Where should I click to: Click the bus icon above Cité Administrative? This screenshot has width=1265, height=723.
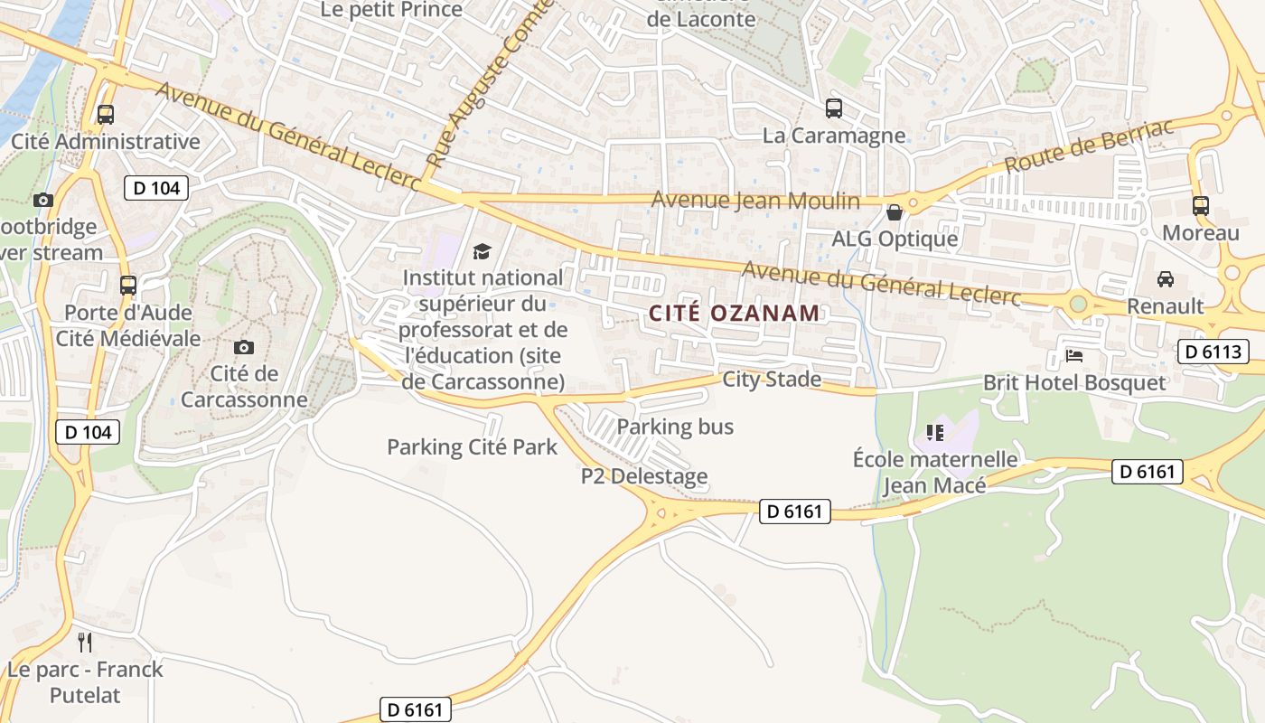coord(106,115)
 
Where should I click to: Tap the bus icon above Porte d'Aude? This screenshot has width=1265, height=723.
coord(128,286)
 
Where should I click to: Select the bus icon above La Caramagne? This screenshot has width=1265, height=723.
coord(834,108)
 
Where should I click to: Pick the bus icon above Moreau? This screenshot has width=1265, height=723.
coord(1201,205)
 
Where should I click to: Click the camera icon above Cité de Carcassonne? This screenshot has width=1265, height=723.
coord(243,347)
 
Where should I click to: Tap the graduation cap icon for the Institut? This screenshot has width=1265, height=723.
coord(483,251)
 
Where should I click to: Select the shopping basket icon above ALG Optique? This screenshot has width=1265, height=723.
coord(895,212)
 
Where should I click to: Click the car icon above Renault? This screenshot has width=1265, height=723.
coord(1166,279)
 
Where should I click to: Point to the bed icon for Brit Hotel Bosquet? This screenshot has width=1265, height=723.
coord(1074,355)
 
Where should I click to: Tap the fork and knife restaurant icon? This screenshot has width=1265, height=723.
coord(85,643)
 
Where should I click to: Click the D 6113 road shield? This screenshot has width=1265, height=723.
coord(1213,352)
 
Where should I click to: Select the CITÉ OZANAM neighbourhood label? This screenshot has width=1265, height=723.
coord(735,314)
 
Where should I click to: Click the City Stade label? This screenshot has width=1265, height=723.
coord(772,379)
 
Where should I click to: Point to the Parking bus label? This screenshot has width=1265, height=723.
coord(675,427)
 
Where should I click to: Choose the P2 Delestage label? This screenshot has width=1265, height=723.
coord(644,476)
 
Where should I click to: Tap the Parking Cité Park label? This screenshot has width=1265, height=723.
coord(472,446)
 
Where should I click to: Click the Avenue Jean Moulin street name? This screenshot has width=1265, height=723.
coord(755,200)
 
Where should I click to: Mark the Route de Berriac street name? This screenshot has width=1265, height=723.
coord(1090,146)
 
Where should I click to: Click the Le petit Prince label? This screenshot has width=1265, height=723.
coord(392,10)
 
